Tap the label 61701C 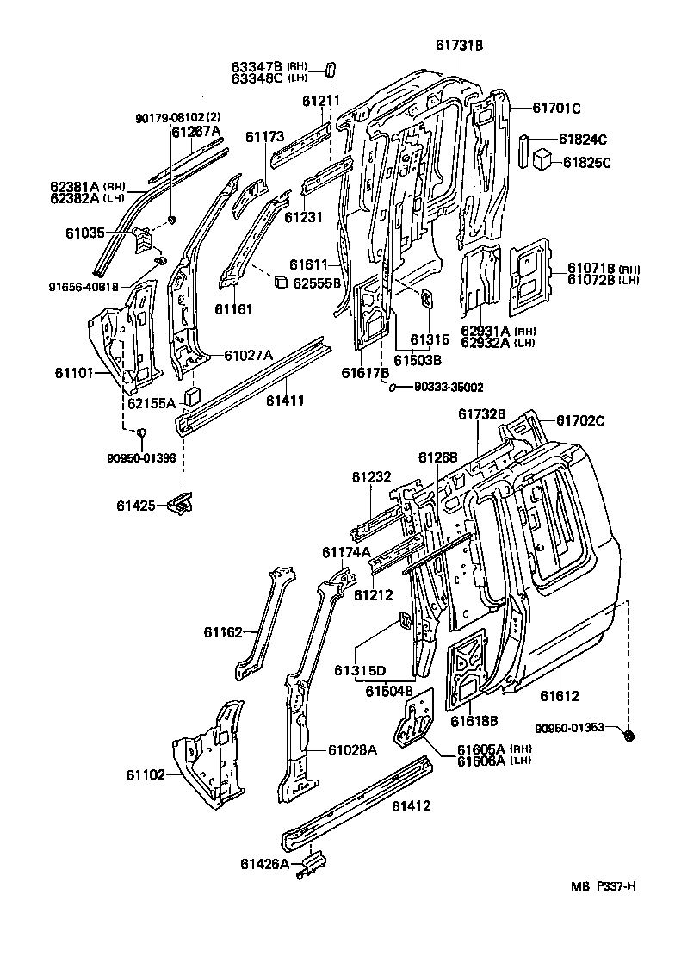555,108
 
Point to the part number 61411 284,400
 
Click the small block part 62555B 280,281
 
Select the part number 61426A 265,862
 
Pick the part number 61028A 352,749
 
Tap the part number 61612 560,696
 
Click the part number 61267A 196,131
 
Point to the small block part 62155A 194,396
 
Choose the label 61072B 591,279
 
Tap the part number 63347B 257,66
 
